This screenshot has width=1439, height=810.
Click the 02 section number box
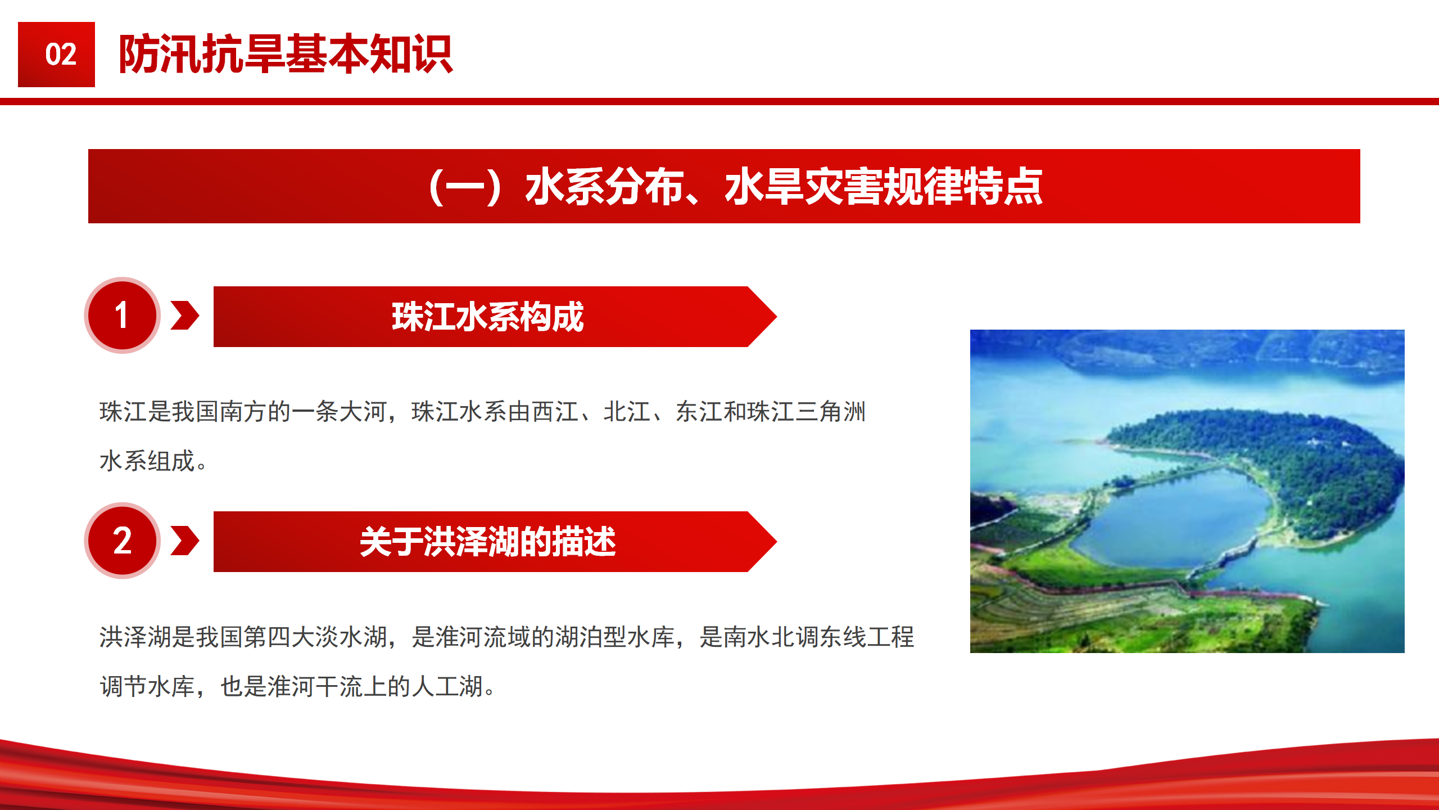56,55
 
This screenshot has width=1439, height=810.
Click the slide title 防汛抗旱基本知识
286,54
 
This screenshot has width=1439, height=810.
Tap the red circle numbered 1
123,315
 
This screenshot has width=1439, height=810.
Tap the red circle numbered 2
123,541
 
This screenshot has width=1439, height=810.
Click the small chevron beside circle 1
185,315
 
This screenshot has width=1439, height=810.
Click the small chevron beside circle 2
185,541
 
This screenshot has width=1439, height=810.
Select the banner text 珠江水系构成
488,317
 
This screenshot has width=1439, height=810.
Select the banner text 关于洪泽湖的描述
488,542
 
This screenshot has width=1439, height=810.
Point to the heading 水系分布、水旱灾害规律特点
784,186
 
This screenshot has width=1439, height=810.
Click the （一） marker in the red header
464,186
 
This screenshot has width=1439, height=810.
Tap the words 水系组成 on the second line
147,461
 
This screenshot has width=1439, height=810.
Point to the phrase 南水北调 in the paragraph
771,637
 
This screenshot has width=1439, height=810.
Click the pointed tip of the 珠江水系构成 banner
776,317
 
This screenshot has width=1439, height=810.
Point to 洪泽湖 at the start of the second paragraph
135,637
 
